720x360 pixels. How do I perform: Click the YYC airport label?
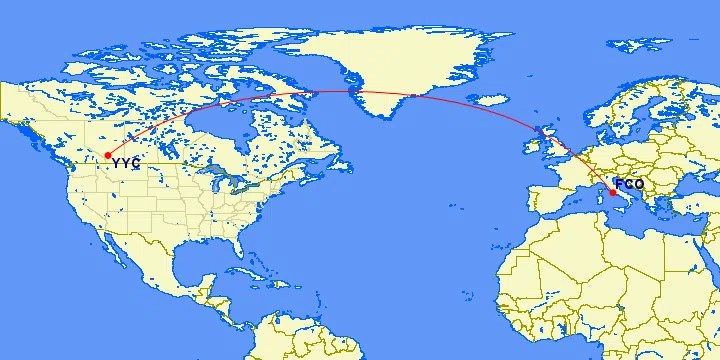(x=126, y=163)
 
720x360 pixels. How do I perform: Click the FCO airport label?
(x=630, y=184)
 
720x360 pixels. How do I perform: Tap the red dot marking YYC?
(x=107, y=155)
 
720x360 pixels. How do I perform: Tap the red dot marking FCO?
(x=613, y=192)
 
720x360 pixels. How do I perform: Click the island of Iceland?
(x=493, y=100)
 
